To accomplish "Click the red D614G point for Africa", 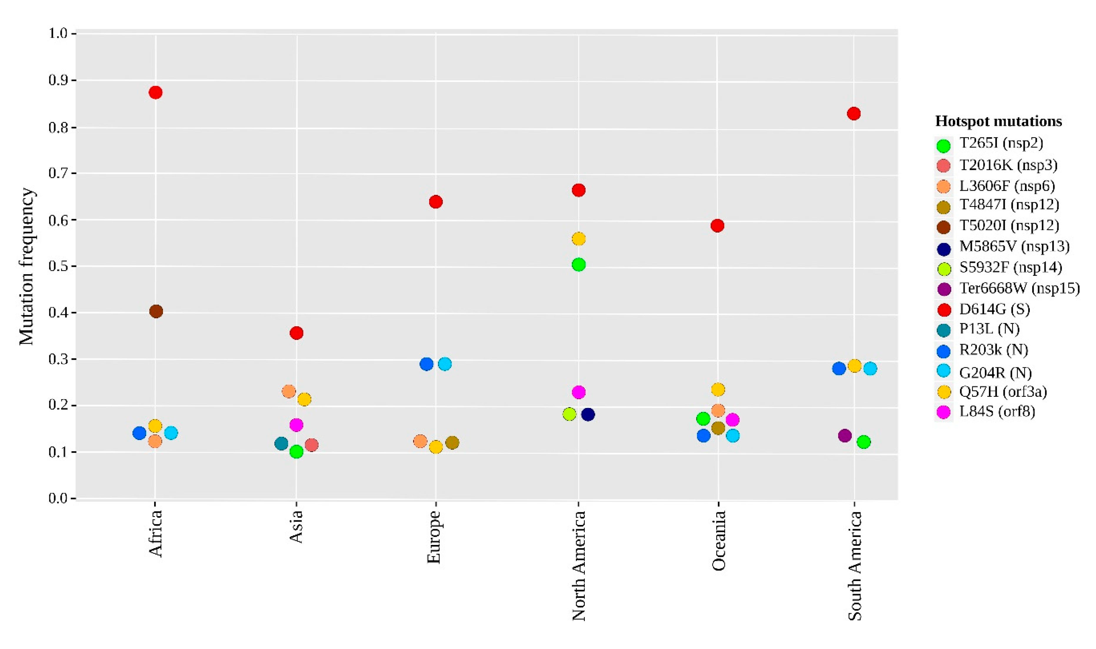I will coord(155,93).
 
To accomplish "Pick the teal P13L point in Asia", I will coord(281,444).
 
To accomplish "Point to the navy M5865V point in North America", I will coord(588,415).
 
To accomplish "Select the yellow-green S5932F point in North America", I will coord(569,414).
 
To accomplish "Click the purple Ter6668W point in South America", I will coord(845,436).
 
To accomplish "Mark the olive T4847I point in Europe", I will coord(452,443).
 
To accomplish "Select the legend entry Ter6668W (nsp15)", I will coord(1019,289).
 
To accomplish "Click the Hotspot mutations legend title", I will coord(998,121).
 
